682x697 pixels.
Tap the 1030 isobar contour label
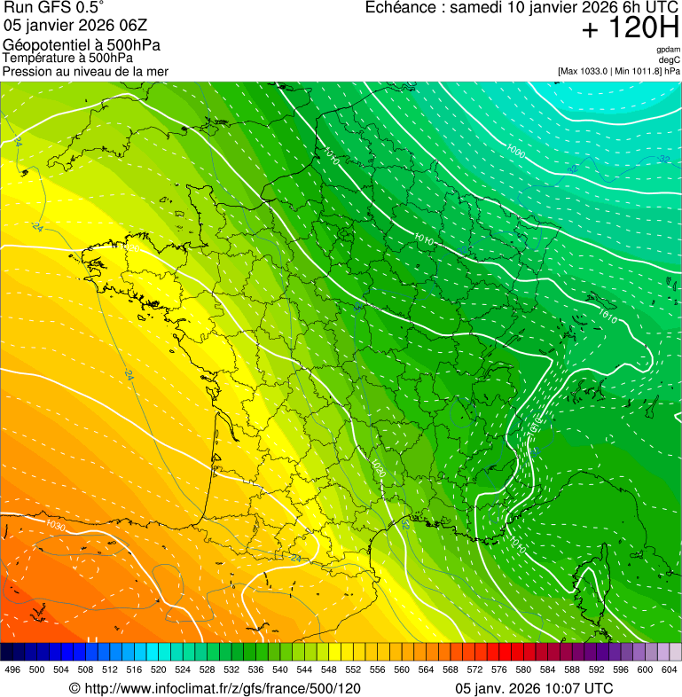56,528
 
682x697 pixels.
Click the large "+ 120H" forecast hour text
630,29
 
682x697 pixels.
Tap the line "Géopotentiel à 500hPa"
82,44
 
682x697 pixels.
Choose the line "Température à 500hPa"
74,58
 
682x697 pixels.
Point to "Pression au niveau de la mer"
85,71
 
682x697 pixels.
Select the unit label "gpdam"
668,50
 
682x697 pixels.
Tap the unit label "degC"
670,59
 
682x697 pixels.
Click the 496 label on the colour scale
12,670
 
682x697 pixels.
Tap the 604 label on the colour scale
669,670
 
